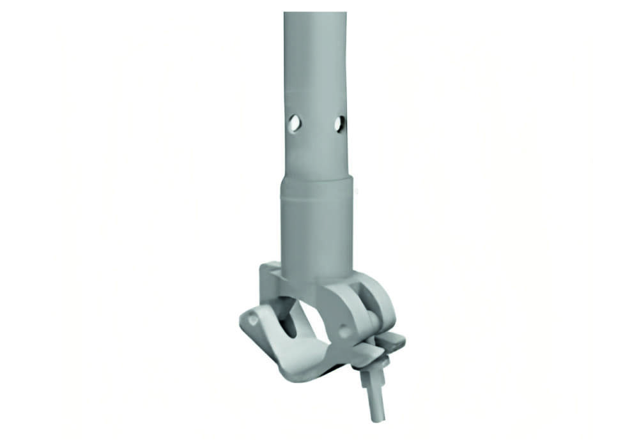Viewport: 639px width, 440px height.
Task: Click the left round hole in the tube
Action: (x=294, y=123)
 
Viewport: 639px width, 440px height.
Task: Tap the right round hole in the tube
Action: (x=339, y=123)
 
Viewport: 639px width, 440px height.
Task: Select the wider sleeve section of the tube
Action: (x=316, y=224)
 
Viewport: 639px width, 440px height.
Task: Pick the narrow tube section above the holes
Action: (x=316, y=64)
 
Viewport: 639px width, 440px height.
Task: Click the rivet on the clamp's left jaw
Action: (x=253, y=319)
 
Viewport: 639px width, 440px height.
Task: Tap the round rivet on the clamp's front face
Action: (x=344, y=331)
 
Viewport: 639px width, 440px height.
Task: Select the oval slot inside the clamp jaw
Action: (x=289, y=319)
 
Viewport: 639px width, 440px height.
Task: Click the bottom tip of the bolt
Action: (x=378, y=418)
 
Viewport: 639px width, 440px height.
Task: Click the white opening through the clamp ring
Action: (x=316, y=326)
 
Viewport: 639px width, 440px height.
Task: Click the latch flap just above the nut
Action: (x=364, y=353)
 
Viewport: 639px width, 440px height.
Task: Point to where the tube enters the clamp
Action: (x=316, y=278)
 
